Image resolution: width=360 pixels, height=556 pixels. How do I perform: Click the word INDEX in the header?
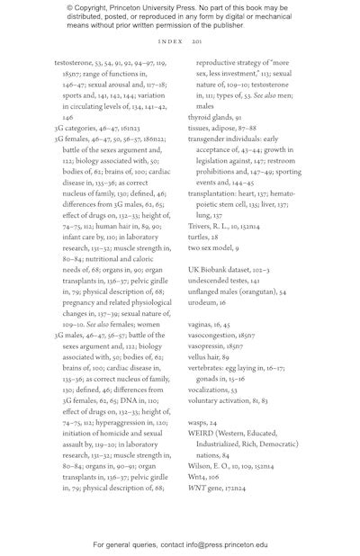click(170, 42)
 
